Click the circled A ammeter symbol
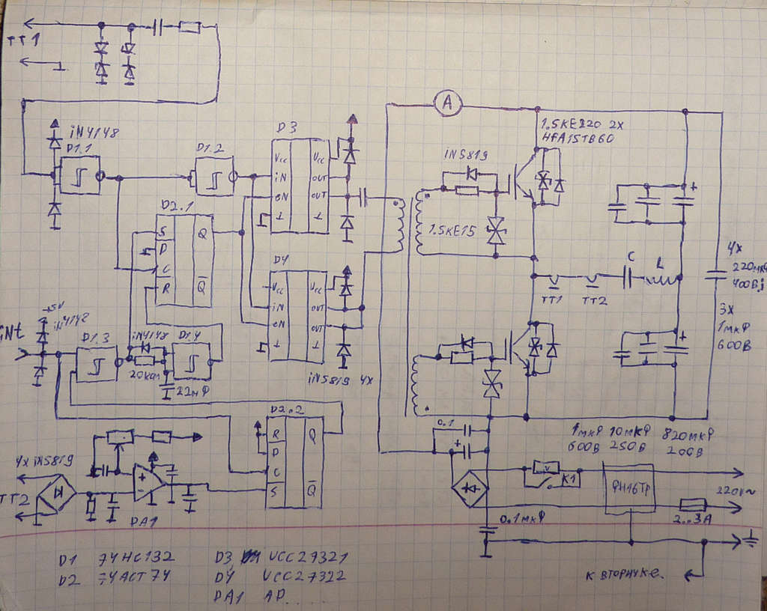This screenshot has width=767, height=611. (x=448, y=106)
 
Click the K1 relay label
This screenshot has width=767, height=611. (x=570, y=480)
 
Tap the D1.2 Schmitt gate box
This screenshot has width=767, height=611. (x=215, y=177)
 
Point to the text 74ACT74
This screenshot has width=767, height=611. (x=136, y=577)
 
